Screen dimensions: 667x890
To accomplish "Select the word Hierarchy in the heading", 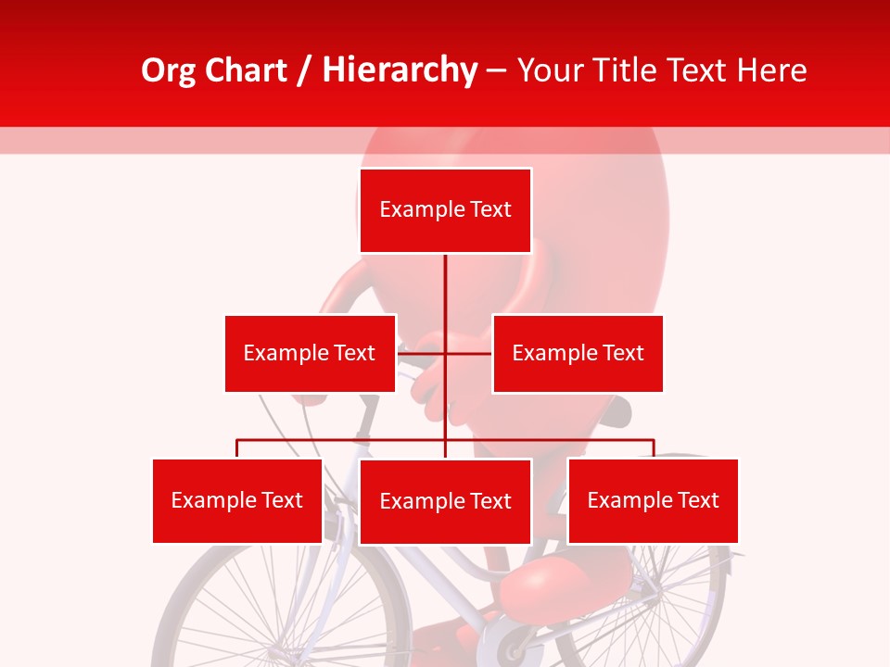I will click(x=399, y=70).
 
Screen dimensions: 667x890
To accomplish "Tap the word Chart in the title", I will click(x=248, y=70).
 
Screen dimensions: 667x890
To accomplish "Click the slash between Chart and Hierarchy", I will click(x=305, y=71).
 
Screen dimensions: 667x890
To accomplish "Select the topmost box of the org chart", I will click(x=445, y=210).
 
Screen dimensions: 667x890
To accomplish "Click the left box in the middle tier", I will click(x=310, y=353).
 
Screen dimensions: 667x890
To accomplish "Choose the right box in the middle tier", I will click(x=578, y=353).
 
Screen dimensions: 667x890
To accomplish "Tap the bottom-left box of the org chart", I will click(x=237, y=500).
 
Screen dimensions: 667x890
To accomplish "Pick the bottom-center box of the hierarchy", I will click(x=445, y=501).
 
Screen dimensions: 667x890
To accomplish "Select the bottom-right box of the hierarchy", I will click(x=653, y=500).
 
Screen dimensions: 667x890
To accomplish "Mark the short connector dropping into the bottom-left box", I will click(x=237, y=448).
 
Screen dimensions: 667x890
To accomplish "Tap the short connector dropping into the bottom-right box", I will click(x=653, y=448).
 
